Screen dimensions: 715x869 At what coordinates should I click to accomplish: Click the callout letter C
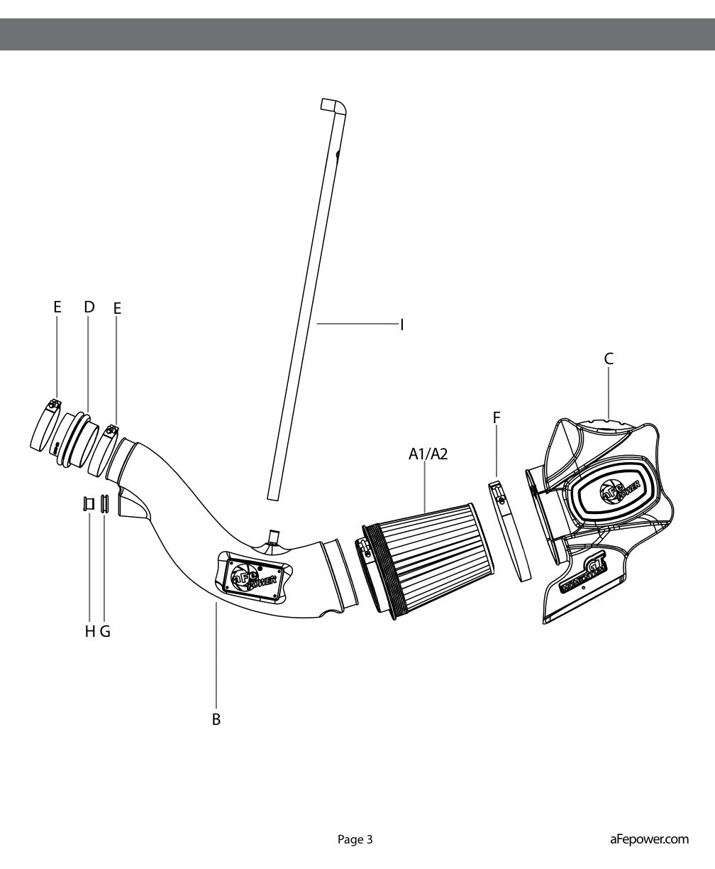(609, 359)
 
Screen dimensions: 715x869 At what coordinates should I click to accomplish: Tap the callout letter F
(497, 418)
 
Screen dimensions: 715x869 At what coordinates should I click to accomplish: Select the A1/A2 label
(428, 454)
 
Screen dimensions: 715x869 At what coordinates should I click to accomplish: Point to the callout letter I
(401, 324)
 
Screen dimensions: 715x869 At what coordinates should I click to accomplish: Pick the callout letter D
(89, 307)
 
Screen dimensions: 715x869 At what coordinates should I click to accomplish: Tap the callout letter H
(90, 631)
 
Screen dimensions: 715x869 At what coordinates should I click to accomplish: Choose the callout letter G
(105, 631)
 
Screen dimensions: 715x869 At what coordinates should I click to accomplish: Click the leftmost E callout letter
(57, 307)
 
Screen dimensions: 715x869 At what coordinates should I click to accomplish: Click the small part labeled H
(88, 504)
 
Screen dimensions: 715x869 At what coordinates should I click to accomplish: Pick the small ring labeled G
(104, 503)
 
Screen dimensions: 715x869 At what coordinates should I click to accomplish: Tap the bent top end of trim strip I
(333, 106)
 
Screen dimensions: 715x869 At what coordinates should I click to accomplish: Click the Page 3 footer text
(355, 839)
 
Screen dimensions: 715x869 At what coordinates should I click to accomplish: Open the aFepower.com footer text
(649, 839)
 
